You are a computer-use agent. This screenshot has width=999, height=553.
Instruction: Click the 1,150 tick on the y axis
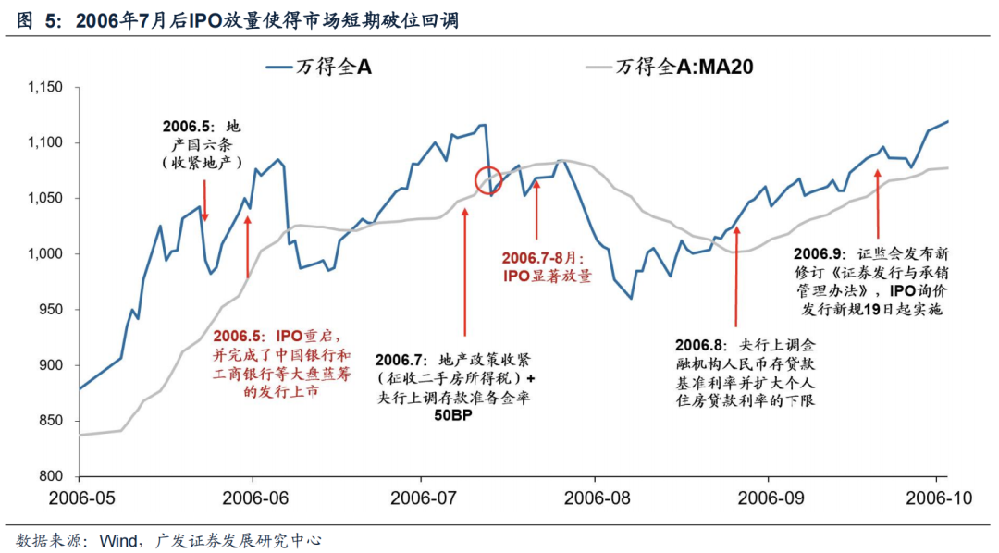43,87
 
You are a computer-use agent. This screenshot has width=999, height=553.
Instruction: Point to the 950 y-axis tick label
49,310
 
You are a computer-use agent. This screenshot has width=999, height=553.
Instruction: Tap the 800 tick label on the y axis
49,476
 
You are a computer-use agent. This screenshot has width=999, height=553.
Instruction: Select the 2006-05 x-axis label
80,498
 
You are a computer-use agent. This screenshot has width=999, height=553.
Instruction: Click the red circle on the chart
487,180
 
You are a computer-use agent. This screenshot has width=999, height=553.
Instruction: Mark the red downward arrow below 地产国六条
205,200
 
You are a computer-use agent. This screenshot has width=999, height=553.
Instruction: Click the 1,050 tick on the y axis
43,198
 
